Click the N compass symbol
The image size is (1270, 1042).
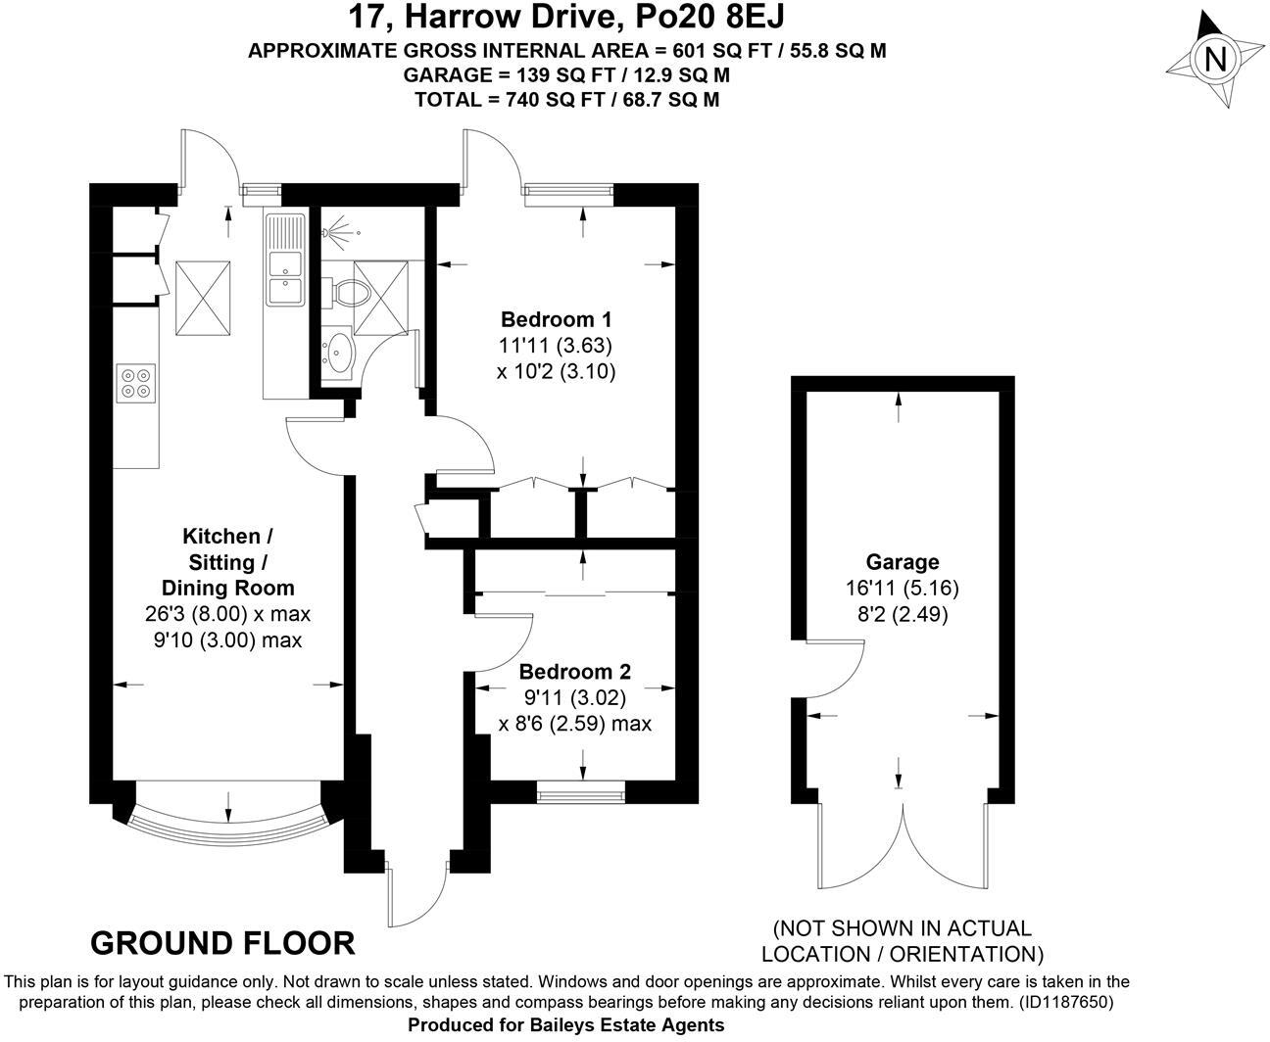tap(1215, 60)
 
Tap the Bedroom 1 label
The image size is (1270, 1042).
tap(556, 319)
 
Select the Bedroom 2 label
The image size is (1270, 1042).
tap(574, 672)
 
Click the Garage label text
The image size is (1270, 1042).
tap(902, 562)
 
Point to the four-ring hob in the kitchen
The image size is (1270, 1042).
tap(135, 382)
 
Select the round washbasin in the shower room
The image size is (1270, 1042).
tap(339, 353)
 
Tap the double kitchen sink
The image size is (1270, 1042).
tap(285, 277)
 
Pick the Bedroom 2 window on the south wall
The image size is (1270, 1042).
tap(581, 791)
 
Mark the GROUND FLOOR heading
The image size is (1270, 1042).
tap(222, 943)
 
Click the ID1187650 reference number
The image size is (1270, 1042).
tap(1062, 1002)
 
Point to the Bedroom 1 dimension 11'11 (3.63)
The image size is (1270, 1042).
tap(556, 346)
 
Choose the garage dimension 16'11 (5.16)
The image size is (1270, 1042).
tap(902, 589)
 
